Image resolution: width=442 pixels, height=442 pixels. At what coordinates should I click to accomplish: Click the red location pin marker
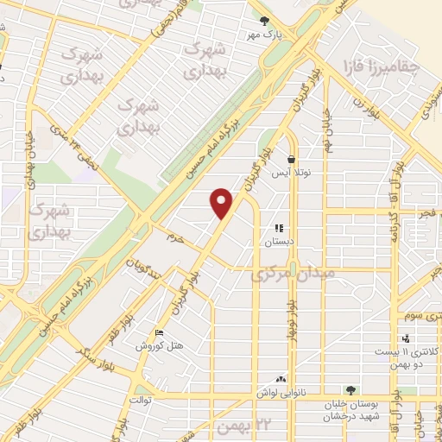point(222,202)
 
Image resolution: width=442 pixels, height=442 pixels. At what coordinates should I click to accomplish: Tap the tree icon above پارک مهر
point(266,21)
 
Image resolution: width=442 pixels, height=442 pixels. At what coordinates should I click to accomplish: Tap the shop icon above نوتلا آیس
point(292,159)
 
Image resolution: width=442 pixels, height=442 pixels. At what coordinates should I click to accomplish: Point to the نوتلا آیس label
point(292,174)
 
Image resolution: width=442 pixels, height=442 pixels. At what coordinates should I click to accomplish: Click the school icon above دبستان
point(279,229)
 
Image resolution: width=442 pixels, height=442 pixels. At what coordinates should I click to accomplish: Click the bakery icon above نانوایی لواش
point(281,378)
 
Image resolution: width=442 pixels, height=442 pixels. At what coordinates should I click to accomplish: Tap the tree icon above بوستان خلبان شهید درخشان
point(350,390)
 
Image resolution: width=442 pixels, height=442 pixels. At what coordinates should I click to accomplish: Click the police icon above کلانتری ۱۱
point(406,338)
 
